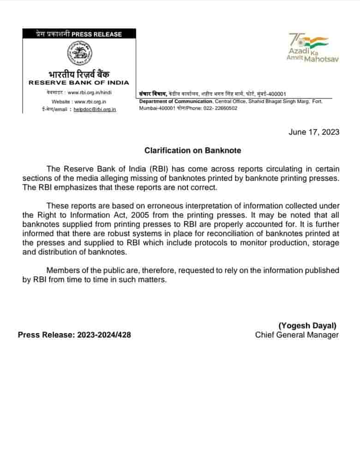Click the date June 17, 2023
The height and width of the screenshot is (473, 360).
[x=314, y=132]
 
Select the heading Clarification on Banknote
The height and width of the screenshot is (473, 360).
[x=192, y=151]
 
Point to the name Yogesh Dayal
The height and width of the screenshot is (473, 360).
[x=307, y=325]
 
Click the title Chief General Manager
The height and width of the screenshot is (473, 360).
[x=297, y=335]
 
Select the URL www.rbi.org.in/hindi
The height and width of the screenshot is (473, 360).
[x=90, y=92]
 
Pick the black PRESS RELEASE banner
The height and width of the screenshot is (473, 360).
[x=79, y=34]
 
